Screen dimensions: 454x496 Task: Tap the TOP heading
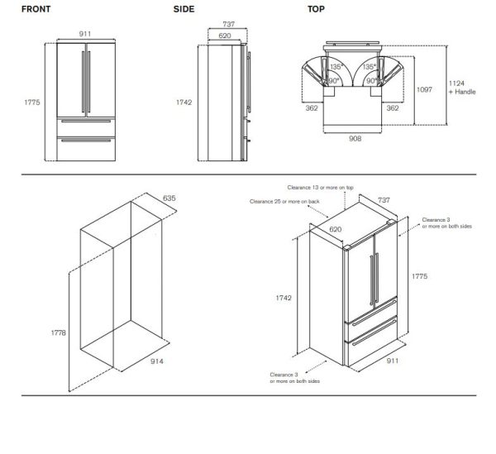[316, 10]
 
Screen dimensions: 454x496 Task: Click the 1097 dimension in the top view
[425, 89]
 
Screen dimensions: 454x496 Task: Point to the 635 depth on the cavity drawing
[169, 198]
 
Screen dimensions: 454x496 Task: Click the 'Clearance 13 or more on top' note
[321, 188]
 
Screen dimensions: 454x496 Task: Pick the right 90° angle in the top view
[372, 81]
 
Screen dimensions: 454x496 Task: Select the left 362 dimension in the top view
[311, 108]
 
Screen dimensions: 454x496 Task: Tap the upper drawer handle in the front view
[84, 124]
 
